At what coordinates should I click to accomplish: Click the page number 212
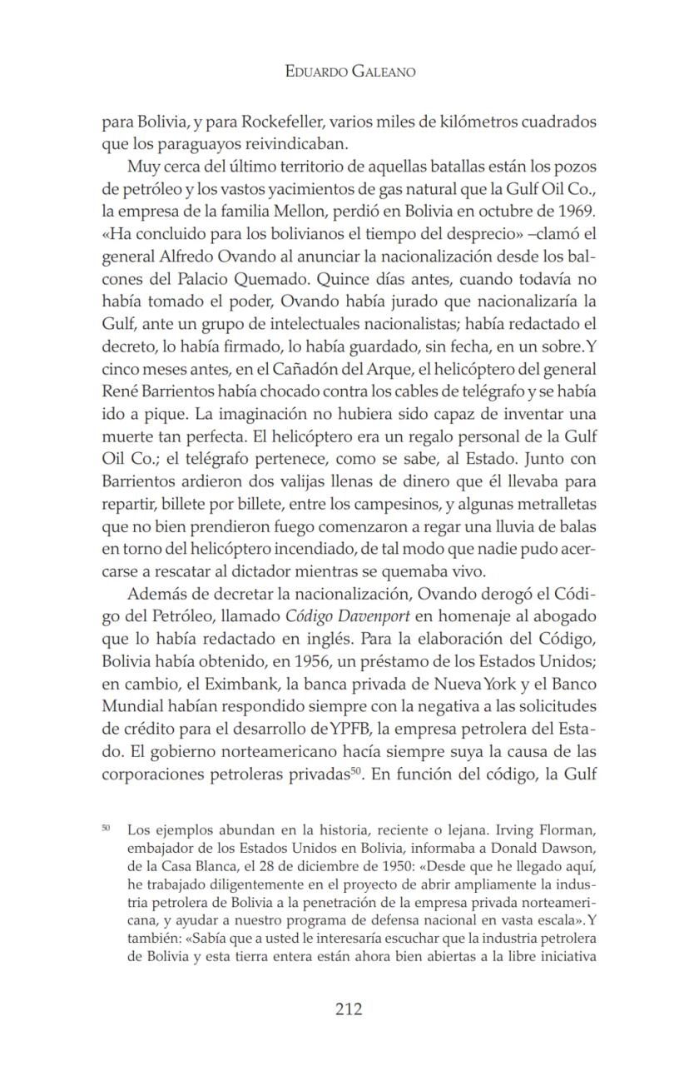349,1009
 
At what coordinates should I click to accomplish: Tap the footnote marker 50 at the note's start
106,829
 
